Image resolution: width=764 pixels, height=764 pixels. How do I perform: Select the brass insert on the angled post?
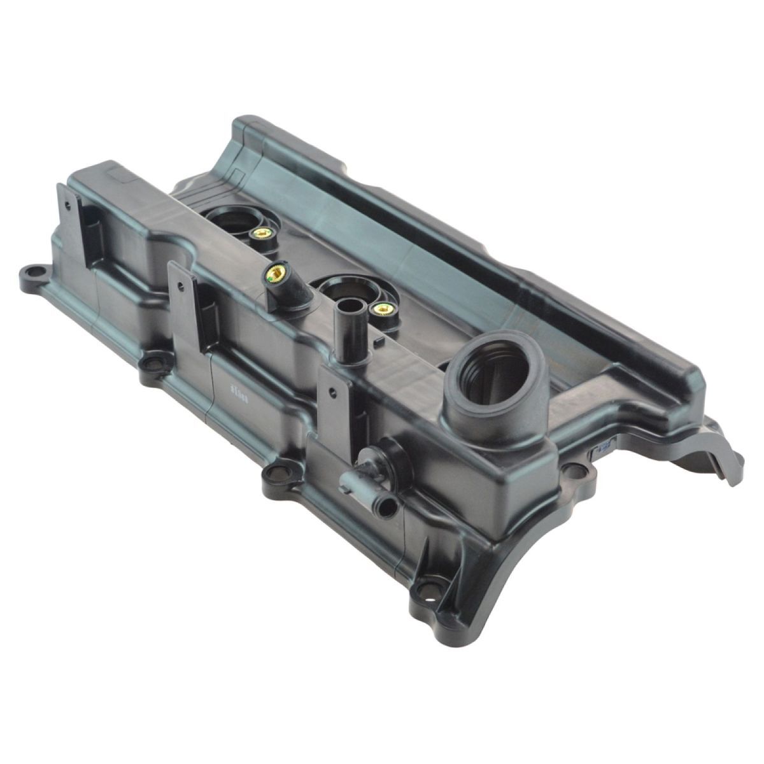(x=276, y=276)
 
